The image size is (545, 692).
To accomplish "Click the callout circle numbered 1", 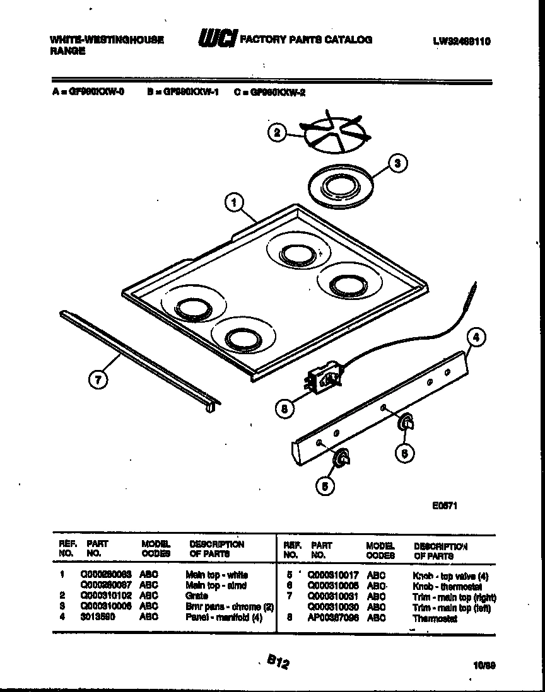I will [x=234, y=202].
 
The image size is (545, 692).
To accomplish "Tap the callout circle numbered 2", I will [x=276, y=132].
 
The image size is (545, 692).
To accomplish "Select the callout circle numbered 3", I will [x=397, y=164].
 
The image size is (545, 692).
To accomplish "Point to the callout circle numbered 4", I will [x=476, y=337].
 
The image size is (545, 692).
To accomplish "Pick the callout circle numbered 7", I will [x=98, y=379].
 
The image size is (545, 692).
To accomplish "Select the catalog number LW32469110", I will [x=461, y=42].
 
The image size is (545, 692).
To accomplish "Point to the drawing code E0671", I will [x=444, y=505].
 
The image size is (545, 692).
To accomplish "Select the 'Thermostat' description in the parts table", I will [x=434, y=618].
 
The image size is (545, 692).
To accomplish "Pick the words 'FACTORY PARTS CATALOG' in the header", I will [x=306, y=40].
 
